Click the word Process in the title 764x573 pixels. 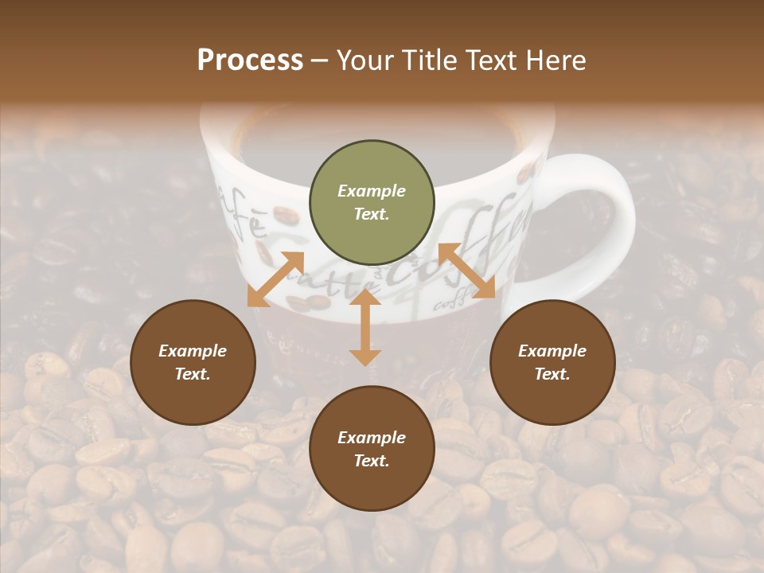[x=250, y=60]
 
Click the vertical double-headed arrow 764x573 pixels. [x=365, y=327]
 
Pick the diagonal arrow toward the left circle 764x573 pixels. [x=275, y=279]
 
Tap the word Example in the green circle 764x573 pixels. [x=372, y=191]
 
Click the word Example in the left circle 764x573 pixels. [x=193, y=351]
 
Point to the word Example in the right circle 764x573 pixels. [x=552, y=351]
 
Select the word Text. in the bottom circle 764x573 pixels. [x=372, y=461]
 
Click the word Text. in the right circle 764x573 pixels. [x=552, y=374]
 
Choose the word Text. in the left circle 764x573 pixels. [x=193, y=374]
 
